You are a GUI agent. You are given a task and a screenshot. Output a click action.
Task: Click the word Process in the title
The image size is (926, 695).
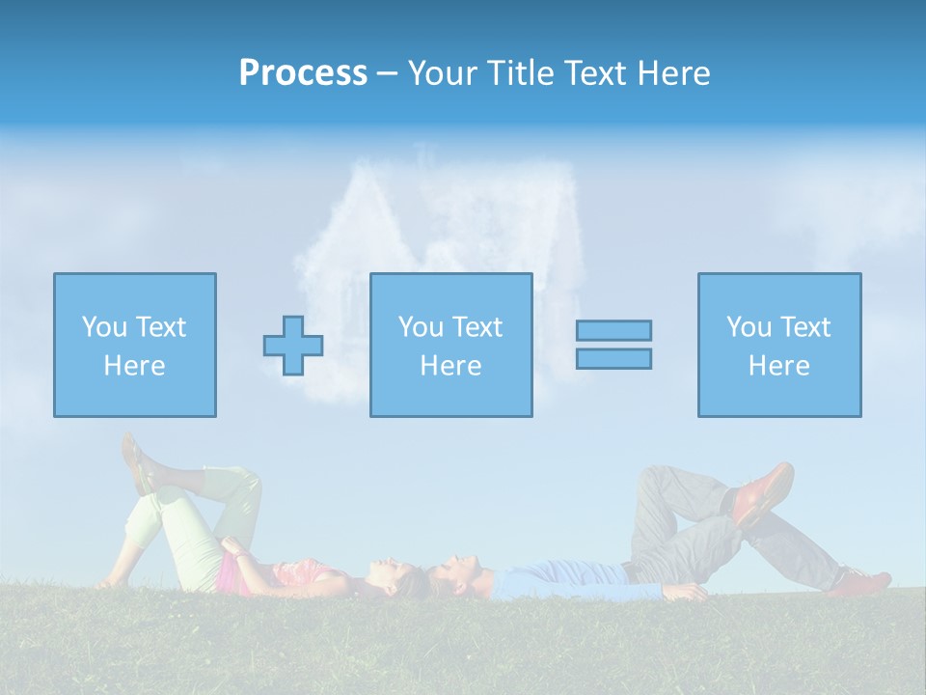pyautogui.click(x=303, y=73)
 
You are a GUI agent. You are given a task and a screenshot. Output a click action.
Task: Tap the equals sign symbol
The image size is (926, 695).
pyautogui.click(x=613, y=345)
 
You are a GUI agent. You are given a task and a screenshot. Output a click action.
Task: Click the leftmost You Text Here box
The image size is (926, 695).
pyautogui.click(x=135, y=345)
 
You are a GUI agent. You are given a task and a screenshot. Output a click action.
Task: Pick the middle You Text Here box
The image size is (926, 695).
pyautogui.click(x=450, y=345)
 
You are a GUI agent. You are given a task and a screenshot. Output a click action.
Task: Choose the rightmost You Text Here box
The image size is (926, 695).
pyautogui.click(x=778, y=345)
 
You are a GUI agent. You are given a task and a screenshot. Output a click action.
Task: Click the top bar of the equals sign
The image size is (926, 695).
pyautogui.click(x=613, y=330)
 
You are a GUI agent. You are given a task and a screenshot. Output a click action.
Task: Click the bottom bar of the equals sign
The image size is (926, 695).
pyautogui.click(x=613, y=359)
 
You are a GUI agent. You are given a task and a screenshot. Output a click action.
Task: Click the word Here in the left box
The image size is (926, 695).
pyautogui.click(x=134, y=366)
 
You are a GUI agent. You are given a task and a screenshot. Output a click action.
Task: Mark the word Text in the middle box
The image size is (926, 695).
pyautogui.click(x=477, y=327)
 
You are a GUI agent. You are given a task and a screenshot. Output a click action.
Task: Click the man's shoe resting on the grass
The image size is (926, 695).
pyautogui.click(x=863, y=581)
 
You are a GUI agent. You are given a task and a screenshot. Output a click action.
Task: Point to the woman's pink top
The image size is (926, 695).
pyautogui.click(x=231, y=574)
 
